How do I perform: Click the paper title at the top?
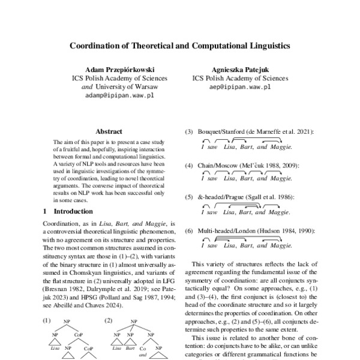pyautogui.click(x=180, y=45)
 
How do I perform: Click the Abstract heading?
pyautogui.click(x=109, y=131)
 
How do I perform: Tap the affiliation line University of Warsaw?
pyautogui.click(x=121, y=86)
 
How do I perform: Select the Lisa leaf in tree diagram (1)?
pyautogui.click(x=55, y=348)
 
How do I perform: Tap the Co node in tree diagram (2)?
pyautogui.click(x=143, y=347)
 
